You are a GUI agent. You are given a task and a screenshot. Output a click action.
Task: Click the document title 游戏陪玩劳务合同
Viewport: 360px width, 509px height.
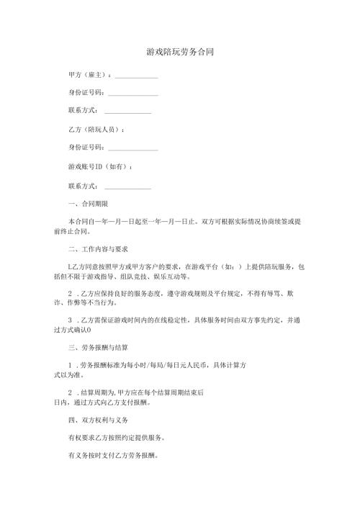click(x=179, y=53)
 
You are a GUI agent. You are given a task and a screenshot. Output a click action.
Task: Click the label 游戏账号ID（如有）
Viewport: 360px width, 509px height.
click(x=99, y=166)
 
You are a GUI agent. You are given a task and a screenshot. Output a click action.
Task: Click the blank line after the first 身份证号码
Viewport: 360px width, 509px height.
click(x=132, y=94)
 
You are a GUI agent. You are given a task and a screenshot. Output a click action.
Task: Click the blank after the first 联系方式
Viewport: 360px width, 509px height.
click(x=127, y=112)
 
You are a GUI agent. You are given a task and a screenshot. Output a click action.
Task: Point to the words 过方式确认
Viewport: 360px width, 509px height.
click(x=71, y=330)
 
